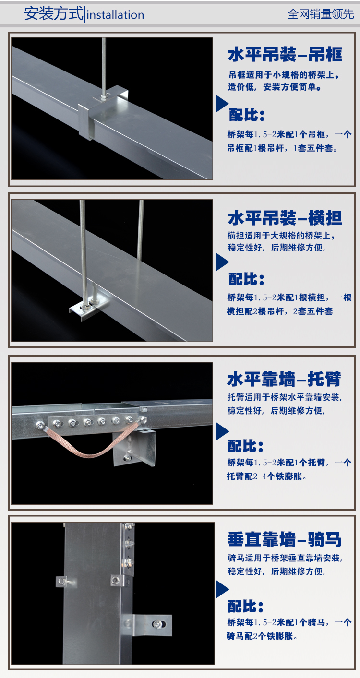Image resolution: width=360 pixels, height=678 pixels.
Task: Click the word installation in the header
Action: (116, 15)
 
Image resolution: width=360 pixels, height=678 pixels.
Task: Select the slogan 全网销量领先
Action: (320, 14)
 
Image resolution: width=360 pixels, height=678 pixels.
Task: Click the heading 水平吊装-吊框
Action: (285, 55)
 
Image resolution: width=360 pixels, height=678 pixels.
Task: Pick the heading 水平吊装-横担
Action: (285, 218)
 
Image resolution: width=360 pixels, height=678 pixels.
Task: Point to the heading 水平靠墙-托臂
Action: (284, 380)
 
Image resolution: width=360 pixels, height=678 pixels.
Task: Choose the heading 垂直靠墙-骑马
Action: (284, 540)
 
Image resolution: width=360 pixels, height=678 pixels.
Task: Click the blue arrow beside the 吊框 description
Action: (221, 104)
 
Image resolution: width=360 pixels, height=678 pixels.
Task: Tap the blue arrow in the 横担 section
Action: (222, 262)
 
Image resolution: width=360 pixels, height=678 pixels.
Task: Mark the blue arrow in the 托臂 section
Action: (222, 431)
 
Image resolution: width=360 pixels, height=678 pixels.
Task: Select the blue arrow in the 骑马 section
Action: (222, 590)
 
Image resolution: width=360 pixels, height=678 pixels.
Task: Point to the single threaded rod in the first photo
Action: (104, 62)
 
